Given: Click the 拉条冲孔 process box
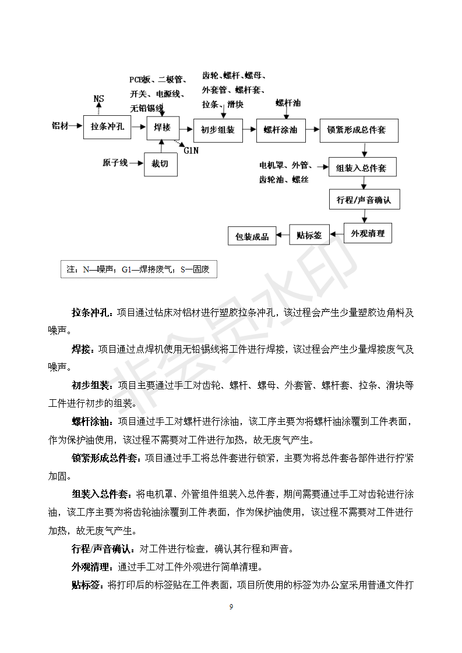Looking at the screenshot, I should coord(107,127).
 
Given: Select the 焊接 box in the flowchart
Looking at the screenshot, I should coord(162,127).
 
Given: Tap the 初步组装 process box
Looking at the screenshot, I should coord(218,130).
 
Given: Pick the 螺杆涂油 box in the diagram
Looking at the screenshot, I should coord(280,130).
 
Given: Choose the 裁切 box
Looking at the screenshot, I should coord(160,164).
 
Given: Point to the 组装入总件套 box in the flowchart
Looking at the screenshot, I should coord(365,168).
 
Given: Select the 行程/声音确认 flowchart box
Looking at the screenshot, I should coord(364,200).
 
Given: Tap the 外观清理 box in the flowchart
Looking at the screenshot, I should coord(368,233).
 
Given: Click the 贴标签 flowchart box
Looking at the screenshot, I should coord(309,235).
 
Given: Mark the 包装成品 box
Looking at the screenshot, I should coord(252,236).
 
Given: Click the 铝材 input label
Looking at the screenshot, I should coord(60,126).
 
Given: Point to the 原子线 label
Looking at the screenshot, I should coord(115,164).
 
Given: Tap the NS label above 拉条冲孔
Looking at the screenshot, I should coord(99,99).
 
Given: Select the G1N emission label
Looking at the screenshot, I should coord(191,151).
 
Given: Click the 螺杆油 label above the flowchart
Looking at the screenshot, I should coord(288,102).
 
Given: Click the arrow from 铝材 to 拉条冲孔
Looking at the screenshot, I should coord(76,126).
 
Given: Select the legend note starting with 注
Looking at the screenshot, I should coord(138,269).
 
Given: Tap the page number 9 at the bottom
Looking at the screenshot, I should coord(231,607).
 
